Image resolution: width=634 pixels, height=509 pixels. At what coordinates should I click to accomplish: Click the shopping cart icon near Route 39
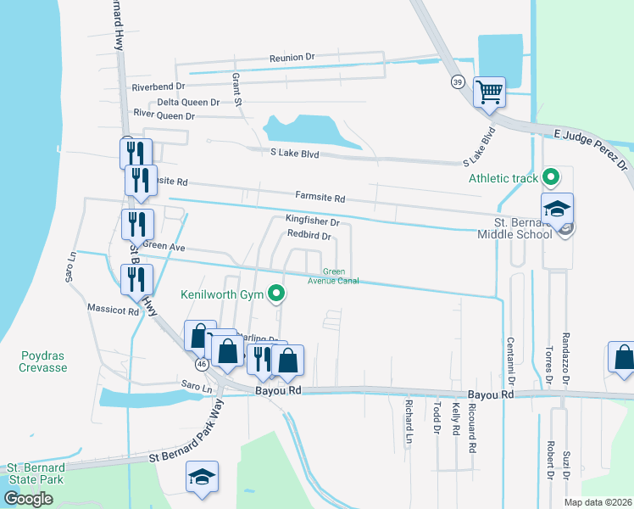click(x=489, y=92)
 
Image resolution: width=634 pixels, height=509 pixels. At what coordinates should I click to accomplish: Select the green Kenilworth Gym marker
click(x=276, y=295)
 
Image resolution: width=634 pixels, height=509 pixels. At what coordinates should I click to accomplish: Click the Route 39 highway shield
click(x=458, y=82)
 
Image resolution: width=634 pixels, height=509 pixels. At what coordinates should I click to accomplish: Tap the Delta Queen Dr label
click(x=181, y=102)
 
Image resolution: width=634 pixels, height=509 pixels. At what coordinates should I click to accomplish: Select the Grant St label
click(x=238, y=89)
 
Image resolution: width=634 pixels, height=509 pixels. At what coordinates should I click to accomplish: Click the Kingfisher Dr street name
click(x=312, y=222)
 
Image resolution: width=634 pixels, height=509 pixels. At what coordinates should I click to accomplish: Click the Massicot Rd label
click(x=113, y=311)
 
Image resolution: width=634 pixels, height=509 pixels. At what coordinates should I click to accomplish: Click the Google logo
click(x=29, y=499)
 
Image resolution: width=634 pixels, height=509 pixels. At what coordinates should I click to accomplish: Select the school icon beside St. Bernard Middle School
click(x=558, y=209)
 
